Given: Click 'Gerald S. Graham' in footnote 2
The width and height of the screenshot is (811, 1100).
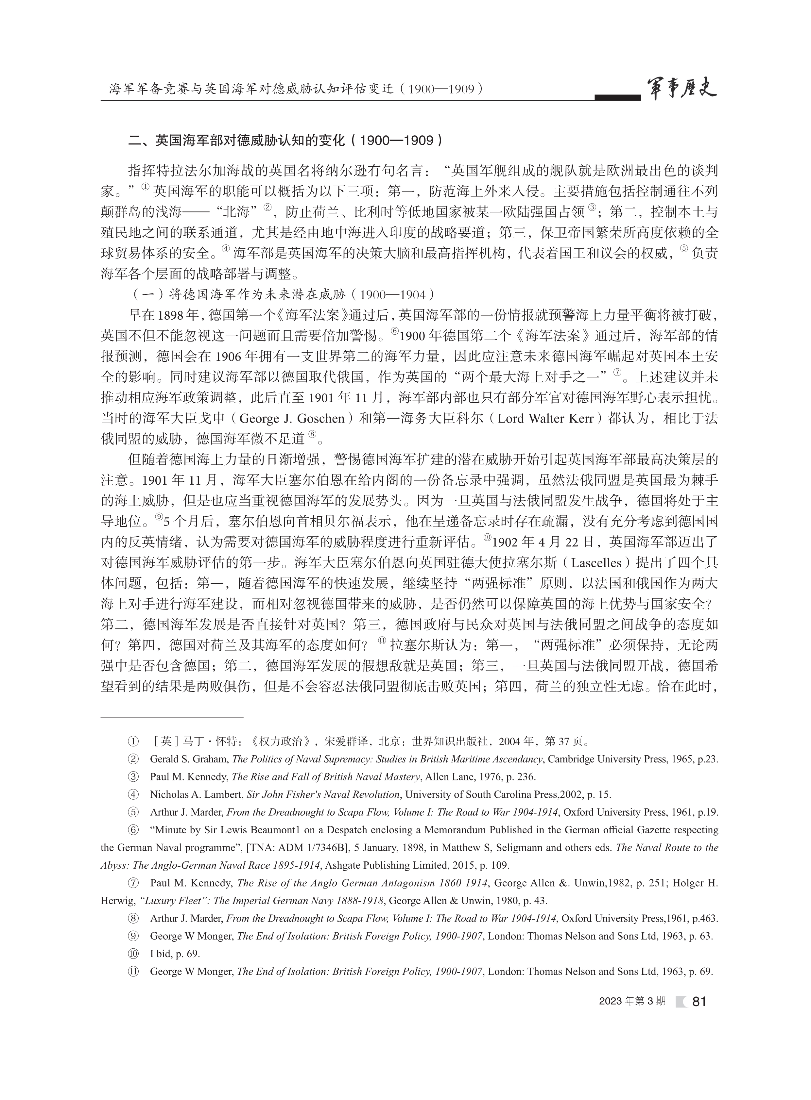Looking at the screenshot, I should [x=188, y=759].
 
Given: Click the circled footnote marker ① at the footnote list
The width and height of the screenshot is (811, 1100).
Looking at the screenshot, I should [x=132, y=742].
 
